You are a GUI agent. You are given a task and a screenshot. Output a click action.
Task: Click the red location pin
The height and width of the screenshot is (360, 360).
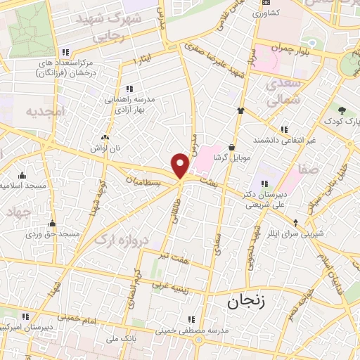181,165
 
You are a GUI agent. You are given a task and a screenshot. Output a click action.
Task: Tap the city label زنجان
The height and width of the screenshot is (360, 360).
243,303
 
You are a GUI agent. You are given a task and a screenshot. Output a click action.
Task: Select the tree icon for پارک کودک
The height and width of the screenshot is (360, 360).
342,110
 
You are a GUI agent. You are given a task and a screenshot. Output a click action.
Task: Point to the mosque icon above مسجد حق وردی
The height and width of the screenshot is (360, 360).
51,224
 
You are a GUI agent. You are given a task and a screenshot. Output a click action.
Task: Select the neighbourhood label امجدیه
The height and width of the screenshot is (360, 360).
45,111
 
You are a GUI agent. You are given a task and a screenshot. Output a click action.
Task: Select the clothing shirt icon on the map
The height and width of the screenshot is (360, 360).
241,110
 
